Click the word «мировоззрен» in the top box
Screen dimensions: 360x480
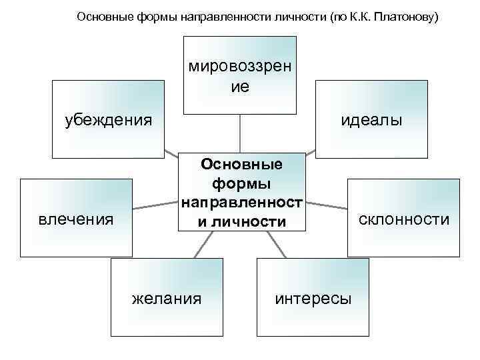point(240,67)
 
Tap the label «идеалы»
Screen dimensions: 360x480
point(371,120)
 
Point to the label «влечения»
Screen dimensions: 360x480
point(75,219)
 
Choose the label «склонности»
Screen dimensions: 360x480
point(405,219)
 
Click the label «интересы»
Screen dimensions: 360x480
point(313,298)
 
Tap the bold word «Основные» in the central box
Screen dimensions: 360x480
point(241,163)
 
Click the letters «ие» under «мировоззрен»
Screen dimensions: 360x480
point(240,86)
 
